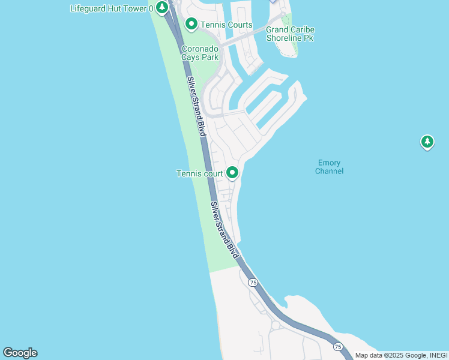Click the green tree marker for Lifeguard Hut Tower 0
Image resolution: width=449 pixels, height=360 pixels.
[x=161, y=8]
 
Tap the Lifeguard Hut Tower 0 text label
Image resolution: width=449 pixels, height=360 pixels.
[x=112, y=8]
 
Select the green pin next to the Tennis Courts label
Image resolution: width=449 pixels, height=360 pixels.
[x=191, y=24]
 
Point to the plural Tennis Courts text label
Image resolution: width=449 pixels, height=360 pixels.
[x=226, y=25]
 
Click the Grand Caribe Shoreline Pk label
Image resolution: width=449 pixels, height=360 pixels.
[x=290, y=34]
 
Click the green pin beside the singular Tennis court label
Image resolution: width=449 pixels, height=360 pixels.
[x=232, y=173]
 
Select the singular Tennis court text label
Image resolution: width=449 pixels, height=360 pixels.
[x=199, y=174]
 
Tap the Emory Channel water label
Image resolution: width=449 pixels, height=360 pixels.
[x=329, y=167]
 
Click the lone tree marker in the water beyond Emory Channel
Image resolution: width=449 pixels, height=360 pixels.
[x=427, y=142]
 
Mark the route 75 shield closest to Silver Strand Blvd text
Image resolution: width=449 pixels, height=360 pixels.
[x=253, y=283]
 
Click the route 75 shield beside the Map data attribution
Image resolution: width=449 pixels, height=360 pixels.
[x=338, y=347]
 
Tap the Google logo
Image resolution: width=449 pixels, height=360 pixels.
[x=20, y=353]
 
